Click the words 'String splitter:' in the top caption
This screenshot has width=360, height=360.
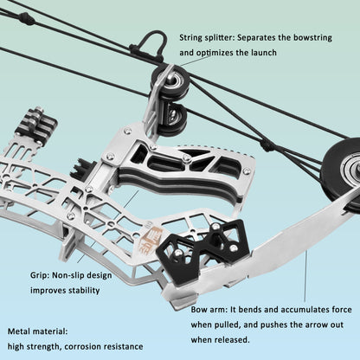[x=207, y=38]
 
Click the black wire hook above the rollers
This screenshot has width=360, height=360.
[x=152, y=42]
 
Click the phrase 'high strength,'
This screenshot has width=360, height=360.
[x=35, y=346]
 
